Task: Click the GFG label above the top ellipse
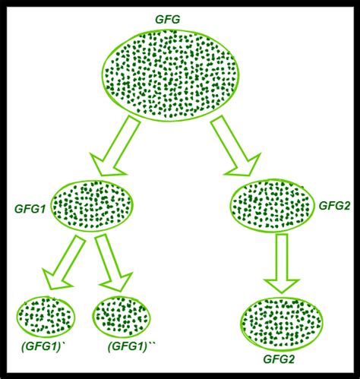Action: pos(168,20)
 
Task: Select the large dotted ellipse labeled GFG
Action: pos(170,74)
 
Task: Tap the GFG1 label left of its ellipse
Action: pos(30,209)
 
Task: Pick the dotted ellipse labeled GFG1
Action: pos(92,206)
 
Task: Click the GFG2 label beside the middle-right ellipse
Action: pos(334,206)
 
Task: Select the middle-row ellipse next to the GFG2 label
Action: pos(272,206)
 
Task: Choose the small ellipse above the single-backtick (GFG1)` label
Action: pos(46,317)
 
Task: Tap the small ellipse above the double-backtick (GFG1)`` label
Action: pos(122,317)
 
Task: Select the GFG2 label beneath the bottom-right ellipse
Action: pos(279,359)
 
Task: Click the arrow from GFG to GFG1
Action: pos(115,145)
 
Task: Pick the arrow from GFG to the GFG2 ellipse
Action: pos(235,145)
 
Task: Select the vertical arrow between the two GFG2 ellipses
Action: pos(282,264)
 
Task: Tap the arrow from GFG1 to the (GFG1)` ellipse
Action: pos(63,263)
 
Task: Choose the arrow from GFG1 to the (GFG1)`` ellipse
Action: pos(114,262)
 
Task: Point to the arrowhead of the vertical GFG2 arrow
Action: pos(282,286)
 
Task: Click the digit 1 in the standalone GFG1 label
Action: pos(43,209)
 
